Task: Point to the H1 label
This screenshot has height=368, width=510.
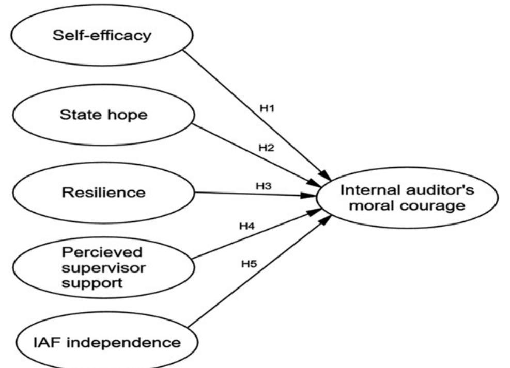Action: point(267,108)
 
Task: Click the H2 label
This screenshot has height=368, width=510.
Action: point(267,148)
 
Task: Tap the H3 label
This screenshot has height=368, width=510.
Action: point(264,186)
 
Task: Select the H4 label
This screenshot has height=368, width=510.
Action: point(247,226)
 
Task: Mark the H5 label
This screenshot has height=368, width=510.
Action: point(249,264)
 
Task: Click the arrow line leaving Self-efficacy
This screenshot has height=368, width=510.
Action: point(257,115)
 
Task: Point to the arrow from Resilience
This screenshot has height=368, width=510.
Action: point(256,194)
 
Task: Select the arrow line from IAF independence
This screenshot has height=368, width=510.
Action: point(260,270)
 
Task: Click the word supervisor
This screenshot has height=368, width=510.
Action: point(104,268)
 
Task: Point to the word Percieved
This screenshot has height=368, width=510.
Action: point(102,252)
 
